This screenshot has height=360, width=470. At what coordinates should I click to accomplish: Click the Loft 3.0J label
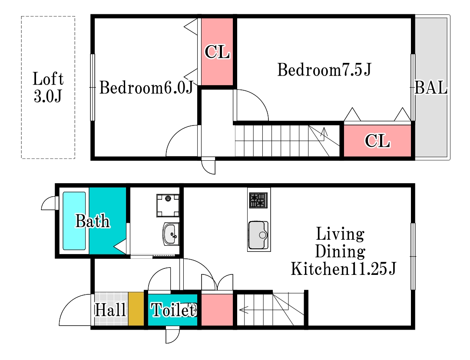pyautogui.click(x=48, y=87)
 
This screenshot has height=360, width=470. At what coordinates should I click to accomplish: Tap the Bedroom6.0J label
pyautogui.click(x=146, y=88)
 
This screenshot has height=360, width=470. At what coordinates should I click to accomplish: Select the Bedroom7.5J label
pyautogui.click(x=324, y=69)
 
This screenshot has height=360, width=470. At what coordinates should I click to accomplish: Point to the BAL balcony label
pyautogui.click(x=431, y=88)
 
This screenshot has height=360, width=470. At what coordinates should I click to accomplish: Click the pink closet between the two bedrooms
pyautogui.click(x=217, y=52)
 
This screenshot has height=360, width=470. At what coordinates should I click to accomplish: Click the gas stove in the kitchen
pyautogui.click(x=258, y=200)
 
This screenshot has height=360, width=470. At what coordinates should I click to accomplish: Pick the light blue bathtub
pyautogui.click(x=74, y=221)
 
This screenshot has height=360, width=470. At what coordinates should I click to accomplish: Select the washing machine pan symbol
pyautogui.click(x=168, y=205)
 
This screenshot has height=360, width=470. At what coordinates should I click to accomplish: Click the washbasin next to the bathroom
pyautogui.click(x=171, y=234)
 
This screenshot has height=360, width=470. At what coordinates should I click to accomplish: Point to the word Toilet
pyautogui.click(x=174, y=310)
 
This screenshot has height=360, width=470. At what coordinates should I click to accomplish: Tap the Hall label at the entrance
pyautogui.click(x=110, y=310)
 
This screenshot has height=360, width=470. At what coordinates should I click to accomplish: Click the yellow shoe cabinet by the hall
pyautogui.click(x=136, y=309)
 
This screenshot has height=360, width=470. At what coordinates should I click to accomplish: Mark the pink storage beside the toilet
pyautogui.click(x=217, y=310)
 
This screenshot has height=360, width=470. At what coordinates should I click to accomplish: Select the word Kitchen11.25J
pyautogui.click(x=344, y=268)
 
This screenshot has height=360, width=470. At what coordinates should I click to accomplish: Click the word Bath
pyautogui.click(x=93, y=221)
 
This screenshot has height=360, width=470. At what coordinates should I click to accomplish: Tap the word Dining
pyautogui.click(x=340, y=252)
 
